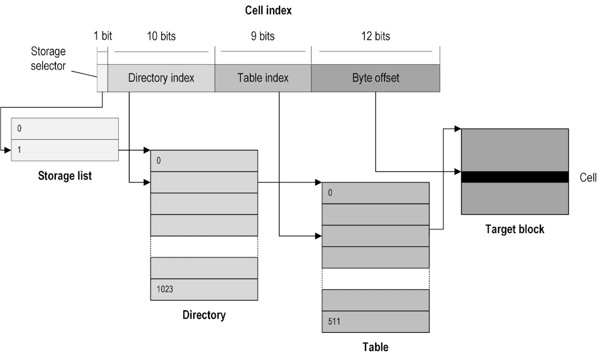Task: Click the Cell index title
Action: tap(268, 10)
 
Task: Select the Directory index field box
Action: tap(161, 78)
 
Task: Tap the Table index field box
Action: tap(263, 78)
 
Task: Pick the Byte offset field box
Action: tap(375, 78)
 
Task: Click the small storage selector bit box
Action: tap(102, 78)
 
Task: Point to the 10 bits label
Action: tap(161, 36)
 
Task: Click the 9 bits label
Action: tap(263, 36)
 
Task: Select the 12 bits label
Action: tap(375, 36)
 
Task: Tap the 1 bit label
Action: tap(103, 36)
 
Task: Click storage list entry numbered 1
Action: tap(65, 150)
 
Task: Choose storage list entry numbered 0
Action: tap(65, 129)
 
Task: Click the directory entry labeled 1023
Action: tap(204, 290)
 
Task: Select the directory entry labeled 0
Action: tap(204, 161)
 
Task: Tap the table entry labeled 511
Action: tap(375, 322)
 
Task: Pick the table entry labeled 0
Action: tap(375, 193)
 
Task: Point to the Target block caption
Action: tap(515, 229)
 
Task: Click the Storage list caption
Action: tap(65, 176)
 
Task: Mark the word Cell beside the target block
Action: tap(588, 177)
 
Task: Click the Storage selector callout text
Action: tap(48, 58)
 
